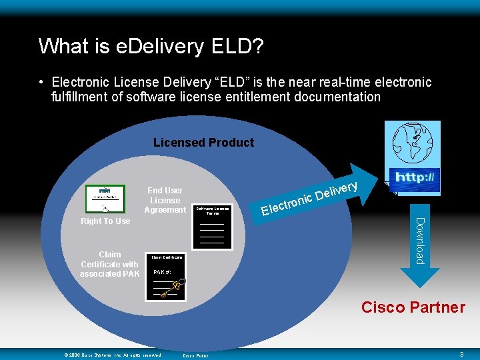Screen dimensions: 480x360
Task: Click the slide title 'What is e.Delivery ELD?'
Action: pyautogui.click(x=151, y=46)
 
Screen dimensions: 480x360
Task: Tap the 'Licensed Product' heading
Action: pyautogui.click(x=203, y=143)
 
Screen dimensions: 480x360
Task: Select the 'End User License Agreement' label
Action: pyautogui.click(x=165, y=200)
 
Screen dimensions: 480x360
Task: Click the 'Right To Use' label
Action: pyautogui.click(x=105, y=221)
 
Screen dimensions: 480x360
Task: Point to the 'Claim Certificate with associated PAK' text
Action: pyautogui.click(x=110, y=264)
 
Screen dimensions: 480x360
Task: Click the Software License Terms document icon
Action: pyautogui.click(x=212, y=227)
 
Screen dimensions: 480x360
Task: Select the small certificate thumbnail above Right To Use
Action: pyautogui.click(x=105, y=198)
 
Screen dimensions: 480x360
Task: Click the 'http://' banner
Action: pyautogui.click(x=415, y=178)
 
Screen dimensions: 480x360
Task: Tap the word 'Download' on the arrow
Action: pyautogui.click(x=420, y=240)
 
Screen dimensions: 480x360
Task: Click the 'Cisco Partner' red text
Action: pyautogui.click(x=413, y=307)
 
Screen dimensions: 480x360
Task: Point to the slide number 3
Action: pyautogui.click(x=462, y=355)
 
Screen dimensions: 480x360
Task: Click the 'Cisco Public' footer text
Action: pyautogui.click(x=195, y=355)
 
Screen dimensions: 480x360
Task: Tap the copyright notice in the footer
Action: pyautogui.click(x=113, y=355)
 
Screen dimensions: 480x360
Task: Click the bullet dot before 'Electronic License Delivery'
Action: pyautogui.click(x=41, y=83)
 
